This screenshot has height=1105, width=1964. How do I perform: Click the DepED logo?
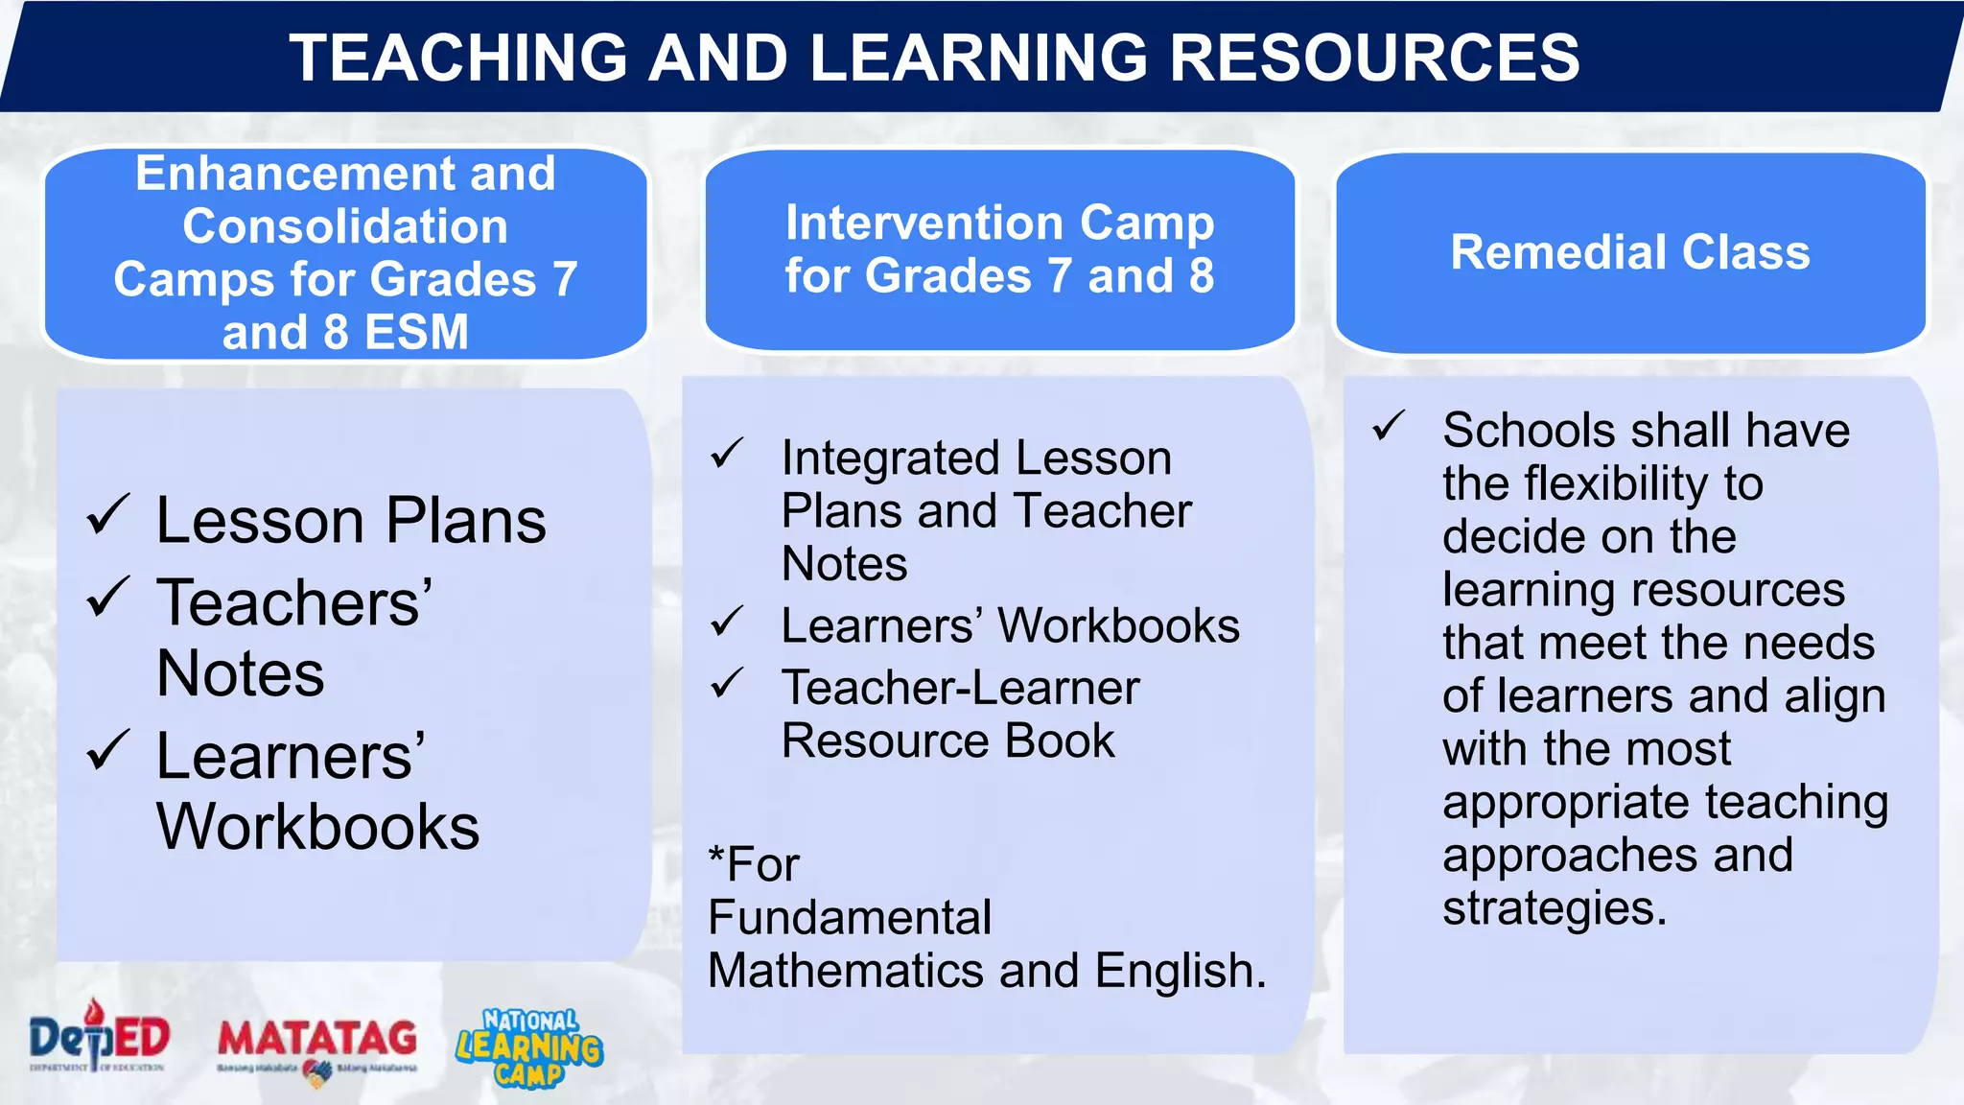(99, 1039)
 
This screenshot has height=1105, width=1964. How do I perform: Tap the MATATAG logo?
(317, 1046)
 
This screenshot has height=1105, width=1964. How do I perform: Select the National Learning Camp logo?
(529, 1047)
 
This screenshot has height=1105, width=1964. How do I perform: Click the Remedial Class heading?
(1629, 252)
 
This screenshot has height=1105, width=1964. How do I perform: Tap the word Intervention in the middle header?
(924, 223)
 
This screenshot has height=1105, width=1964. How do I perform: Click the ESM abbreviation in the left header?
(416, 333)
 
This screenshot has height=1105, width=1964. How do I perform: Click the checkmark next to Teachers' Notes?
(107, 598)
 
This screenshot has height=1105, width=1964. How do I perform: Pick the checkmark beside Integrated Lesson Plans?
(727, 454)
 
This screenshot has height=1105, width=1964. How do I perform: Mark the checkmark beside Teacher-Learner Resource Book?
(727, 684)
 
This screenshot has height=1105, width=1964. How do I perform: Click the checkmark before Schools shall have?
(1388, 426)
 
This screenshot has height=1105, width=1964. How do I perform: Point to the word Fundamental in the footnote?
(850, 918)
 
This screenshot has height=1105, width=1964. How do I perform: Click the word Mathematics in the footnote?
(845, 971)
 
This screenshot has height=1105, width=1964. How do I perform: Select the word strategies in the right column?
(1554, 908)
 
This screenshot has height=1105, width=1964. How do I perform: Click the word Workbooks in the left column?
(317, 827)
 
